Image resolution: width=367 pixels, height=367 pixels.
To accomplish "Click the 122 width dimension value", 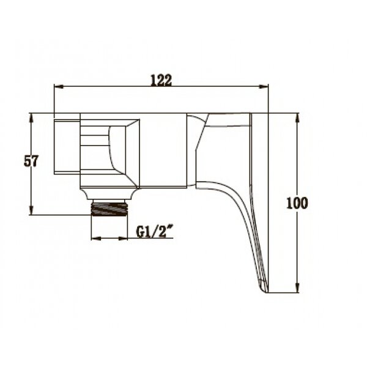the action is tap(161, 80).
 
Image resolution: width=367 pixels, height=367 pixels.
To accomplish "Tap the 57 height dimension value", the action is tap(31, 161).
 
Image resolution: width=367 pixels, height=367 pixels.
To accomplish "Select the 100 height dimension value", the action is tap(297, 203).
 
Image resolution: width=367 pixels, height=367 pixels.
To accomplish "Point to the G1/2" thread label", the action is tap(155, 232).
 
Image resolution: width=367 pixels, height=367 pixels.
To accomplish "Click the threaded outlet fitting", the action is tap(109, 208).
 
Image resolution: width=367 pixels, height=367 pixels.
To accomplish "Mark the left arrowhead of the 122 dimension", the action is tap(59, 87).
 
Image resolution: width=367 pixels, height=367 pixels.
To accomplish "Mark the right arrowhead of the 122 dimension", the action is tap(264, 87).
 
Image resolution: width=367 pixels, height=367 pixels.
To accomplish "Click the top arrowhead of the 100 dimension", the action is tap(297, 118).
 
